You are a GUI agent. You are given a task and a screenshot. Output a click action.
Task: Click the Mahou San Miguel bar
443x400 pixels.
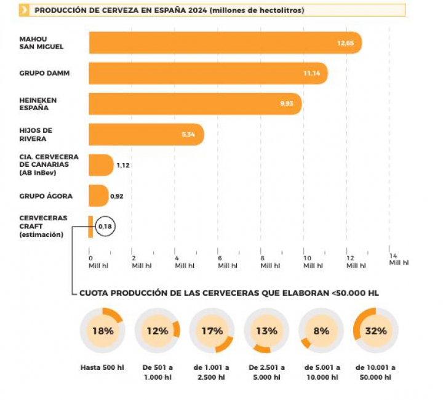tap(225, 43)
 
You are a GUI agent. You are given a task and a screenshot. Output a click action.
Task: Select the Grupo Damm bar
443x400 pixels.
tap(208, 73)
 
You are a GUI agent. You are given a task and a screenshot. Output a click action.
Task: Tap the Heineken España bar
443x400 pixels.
tap(195, 103)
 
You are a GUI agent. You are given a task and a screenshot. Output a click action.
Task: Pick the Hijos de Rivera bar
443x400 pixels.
tap(146, 134)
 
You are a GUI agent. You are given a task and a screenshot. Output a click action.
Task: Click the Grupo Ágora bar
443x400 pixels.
tap(98, 196)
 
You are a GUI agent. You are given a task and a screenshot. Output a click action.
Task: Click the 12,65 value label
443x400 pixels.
tap(344, 43)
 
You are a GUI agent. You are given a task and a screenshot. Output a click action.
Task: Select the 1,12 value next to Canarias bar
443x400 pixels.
tap(123, 166)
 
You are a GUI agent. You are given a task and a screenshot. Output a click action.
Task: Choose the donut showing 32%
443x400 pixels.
tap(376, 330)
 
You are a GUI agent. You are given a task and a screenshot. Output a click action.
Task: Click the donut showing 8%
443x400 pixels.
tap(321, 330)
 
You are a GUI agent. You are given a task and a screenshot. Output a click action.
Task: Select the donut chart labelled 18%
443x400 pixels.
tap(103, 330)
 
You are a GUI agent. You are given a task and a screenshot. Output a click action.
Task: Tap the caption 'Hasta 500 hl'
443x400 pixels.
tap(102, 367)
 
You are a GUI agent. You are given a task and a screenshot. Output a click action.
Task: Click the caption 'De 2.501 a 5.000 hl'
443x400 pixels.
tap(266, 372)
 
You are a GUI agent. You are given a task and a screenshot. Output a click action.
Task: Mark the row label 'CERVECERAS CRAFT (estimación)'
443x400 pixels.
tap(43, 226)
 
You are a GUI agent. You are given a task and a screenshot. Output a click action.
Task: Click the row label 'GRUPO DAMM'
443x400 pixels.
tap(44, 73)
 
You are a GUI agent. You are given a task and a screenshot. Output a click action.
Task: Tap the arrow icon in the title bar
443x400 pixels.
tap(24, 10)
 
